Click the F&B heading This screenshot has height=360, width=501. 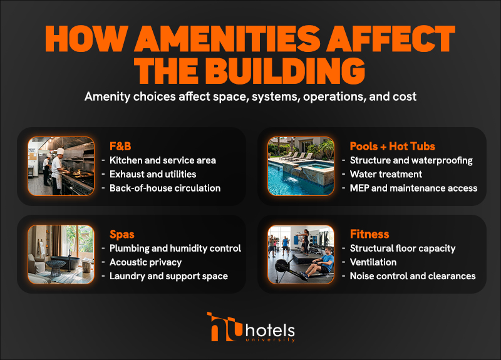(120, 147)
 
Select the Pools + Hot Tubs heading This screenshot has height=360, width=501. (393, 147)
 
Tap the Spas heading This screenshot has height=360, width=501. (121, 234)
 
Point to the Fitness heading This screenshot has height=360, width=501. (369, 234)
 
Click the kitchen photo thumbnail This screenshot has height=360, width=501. (61, 166)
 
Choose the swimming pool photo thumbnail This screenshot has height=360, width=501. (301, 166)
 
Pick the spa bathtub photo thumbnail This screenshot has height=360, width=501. (61, 254)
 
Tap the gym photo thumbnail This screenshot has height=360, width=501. (301, 254)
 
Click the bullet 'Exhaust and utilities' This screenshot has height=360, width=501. (153, 174)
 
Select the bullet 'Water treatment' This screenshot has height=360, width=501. (386, 174)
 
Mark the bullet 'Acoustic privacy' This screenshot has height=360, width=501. (145, 262)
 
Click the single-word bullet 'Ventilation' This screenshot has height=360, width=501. (373, 262)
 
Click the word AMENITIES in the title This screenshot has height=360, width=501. (227, 38)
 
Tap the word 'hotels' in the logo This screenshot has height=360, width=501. (270, 331)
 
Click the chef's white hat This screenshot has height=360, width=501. (59, 151)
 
